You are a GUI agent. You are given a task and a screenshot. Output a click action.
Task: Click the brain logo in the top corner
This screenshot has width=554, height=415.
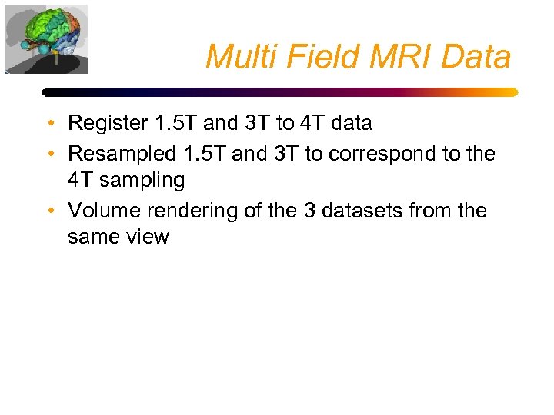(46, 39)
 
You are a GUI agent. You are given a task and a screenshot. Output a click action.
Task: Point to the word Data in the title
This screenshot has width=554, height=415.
(477, 57)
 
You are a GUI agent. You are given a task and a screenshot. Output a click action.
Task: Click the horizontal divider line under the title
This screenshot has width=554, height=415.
(280, 91)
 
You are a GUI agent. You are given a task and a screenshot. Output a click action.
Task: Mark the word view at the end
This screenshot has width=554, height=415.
(148, 237)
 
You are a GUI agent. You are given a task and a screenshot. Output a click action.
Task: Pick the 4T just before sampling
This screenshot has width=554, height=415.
(82, 181)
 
